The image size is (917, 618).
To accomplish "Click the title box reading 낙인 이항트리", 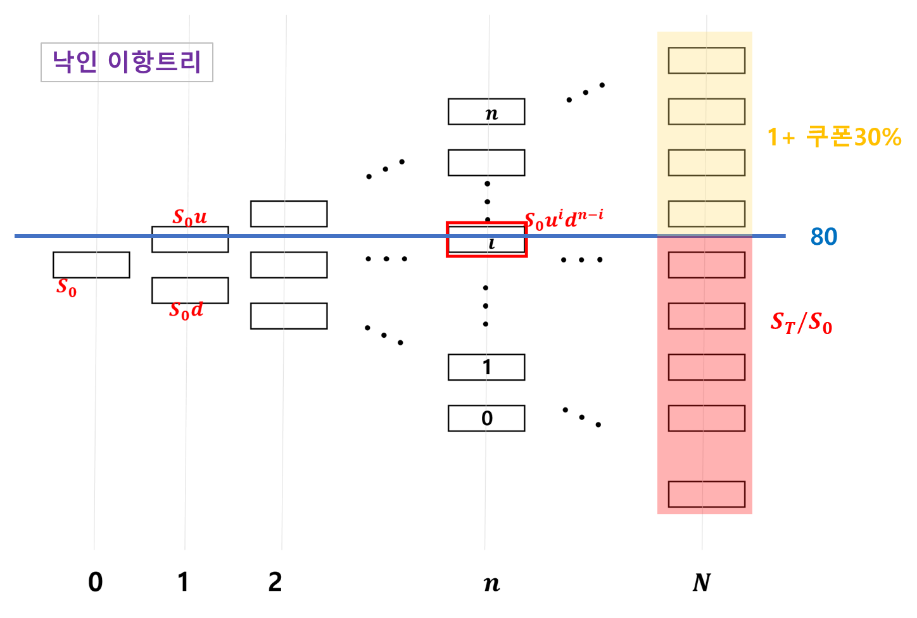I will pyautogui.click(x=127, y=62).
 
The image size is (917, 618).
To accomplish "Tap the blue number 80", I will pyautogui.click(x=823, y=237).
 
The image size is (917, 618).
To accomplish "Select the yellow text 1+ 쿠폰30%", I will pyautogui.click(x=834, y=137).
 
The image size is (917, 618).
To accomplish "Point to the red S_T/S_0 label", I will pyautogui.click(x=801, y=323).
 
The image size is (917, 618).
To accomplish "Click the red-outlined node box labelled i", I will pyautogui.click(x=486, y=240).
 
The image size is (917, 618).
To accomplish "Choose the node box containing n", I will pyautogui.click(x=486, y=112).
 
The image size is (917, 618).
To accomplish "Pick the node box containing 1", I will pyautogui.click(x=486, y=367).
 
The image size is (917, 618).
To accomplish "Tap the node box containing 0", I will pyautogui.click(x=486, y=418).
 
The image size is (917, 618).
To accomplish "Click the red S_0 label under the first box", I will pyautogui.click(x=66, y=288).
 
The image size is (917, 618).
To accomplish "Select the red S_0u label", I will pyautogui.click(x=189, y=218).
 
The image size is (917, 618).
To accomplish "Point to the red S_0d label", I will pyautogui.click(x=186, y=310).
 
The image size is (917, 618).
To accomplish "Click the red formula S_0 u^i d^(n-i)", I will pyautogui.click(x=564, y=219).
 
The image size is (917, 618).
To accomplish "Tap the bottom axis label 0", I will pyautogui.click(x=95, y=582).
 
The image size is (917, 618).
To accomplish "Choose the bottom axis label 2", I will pyautogui.click(x=275, y=582).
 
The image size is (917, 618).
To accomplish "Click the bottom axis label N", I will pyautogui.click(x=701, y=582).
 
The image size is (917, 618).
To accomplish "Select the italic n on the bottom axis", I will pyautogui.click(x=491, y=583).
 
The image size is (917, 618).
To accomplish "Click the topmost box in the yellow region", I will pyautogui.click(x=706, y=61).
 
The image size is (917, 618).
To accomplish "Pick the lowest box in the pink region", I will pyautogui.click(x=706, y=494).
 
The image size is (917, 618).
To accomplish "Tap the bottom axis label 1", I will pyautogui.click(x=183, y=582).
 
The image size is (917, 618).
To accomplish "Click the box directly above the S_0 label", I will pyautogui.click(x=91, y=265).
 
